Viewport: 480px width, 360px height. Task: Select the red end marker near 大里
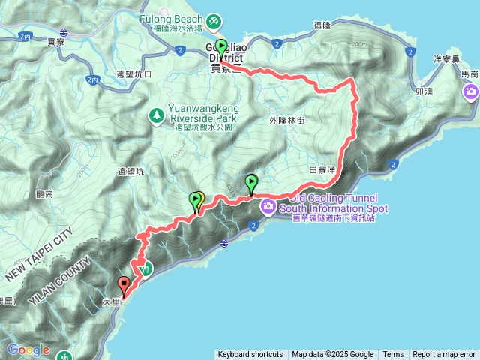click(124, 285)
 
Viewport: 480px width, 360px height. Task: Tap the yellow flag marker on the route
click(200, 199)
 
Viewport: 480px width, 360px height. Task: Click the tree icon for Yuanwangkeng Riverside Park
click(157, 115)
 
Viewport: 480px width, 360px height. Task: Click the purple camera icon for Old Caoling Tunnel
click(268, 204)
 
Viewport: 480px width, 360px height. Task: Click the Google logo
click(28, 349)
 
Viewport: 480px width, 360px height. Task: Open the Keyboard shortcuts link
click(250, 355)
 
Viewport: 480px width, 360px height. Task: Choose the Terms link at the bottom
click(393, 355)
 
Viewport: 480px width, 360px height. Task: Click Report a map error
click(444, 355)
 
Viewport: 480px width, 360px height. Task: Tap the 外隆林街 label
click(283, 119)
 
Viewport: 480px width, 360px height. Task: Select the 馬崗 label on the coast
click(469, 74)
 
